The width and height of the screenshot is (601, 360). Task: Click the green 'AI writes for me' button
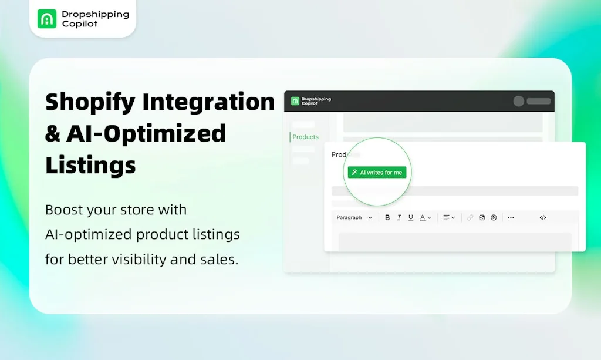[377, 173]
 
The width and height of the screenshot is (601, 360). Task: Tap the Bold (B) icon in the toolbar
[387, 217]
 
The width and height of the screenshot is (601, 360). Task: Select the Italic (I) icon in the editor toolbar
[399, 217]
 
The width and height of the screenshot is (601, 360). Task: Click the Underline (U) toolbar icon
[411, 217]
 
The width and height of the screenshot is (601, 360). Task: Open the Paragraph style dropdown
[354, 217]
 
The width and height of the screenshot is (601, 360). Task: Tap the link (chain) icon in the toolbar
[470, 217]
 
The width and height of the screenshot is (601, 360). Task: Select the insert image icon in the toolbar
[482, 217]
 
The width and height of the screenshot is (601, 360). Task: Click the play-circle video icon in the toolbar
[494, 217]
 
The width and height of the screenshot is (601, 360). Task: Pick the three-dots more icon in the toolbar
[511, 217]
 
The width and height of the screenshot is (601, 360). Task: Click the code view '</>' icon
[543, 217]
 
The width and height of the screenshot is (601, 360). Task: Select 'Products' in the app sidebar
[305, 137]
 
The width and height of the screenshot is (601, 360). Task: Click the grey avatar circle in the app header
[519, 101]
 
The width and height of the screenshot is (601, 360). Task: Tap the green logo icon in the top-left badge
[47, 19]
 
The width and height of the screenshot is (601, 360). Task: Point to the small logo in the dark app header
[295, 101]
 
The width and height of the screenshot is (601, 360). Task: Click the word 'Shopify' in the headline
[89, 102]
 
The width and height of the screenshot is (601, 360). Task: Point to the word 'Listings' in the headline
[90, 164]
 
